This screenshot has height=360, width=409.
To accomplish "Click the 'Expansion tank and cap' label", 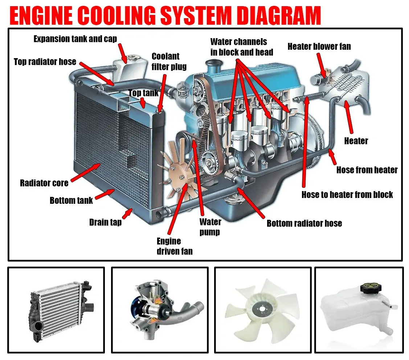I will pyautogui.click(x=75, y=39).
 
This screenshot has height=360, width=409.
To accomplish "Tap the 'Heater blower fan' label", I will pyautogui.click(x=319, y=46).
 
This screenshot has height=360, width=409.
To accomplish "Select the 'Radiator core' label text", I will pyautogui.click(x=44, y=183).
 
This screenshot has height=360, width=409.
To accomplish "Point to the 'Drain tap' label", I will pyautogui.click(x=105, y=222).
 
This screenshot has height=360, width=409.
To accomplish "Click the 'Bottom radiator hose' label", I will pyautogui.click(x=304, y=223).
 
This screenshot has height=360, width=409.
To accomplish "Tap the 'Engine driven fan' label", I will pyautogui.click(x=174, y=246).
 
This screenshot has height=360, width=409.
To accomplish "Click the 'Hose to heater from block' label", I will pyautogui.click(x=347, y=195).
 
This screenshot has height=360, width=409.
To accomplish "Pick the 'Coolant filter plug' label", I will pyautogui.click(x=169, y=61).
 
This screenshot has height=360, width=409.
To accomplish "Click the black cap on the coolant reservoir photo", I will pyautogui.click(x=371, y=289).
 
